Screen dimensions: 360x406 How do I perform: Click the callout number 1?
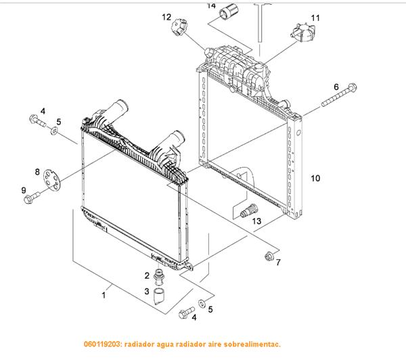[104, 294]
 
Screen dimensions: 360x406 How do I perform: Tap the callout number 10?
[315, 179]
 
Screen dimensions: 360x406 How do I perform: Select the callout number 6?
[336, 87]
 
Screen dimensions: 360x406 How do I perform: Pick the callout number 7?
[277, 263]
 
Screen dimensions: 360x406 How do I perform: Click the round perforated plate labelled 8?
[48, 179]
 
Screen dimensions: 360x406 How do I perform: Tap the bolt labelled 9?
[32, 197]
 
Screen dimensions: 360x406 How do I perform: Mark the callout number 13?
[256, 221]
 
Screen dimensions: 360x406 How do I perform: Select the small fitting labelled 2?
[160, 277]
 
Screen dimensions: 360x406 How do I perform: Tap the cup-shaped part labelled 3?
[160, 296]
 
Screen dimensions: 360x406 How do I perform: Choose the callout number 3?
[146, 292]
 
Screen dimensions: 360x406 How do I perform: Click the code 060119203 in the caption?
[106, 344]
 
